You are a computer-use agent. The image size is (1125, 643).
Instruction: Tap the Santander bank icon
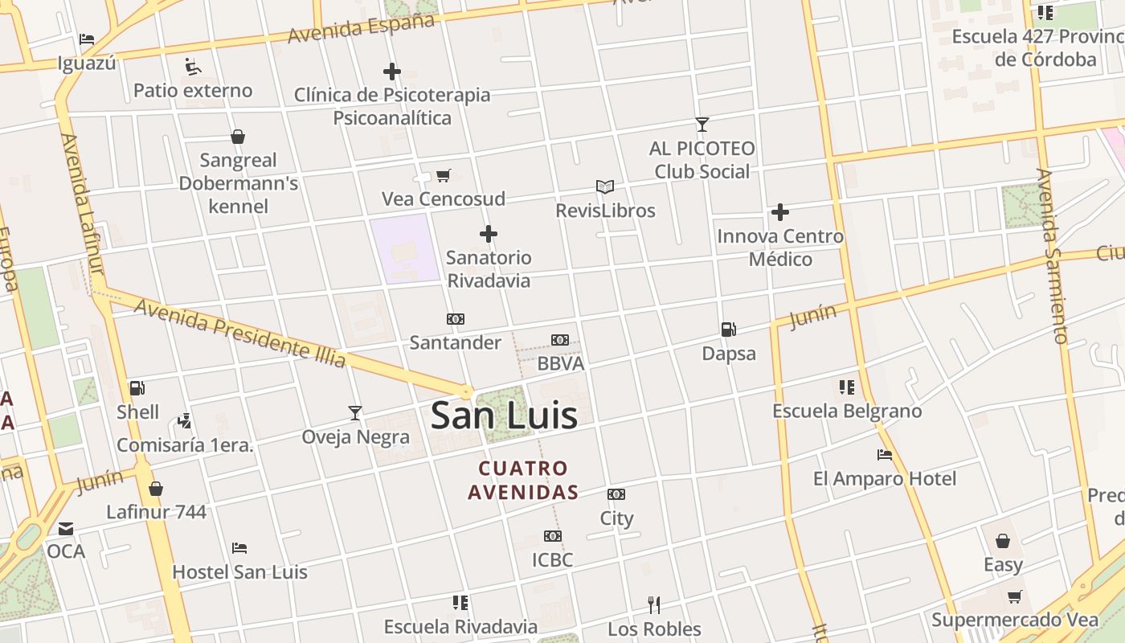[x=456, y=319]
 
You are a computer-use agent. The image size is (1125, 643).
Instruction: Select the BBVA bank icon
[x=560, y=340]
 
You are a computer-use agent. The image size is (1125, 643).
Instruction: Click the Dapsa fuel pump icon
[x=729, y=329]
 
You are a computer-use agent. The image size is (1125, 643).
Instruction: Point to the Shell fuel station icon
[x=137, y=388]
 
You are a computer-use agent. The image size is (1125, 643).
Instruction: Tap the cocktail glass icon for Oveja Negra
[x=355, y=413]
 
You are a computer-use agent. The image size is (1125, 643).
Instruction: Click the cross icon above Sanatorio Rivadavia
[x=489, y=234]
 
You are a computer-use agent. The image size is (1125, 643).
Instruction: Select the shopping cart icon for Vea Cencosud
[x=443, y=175]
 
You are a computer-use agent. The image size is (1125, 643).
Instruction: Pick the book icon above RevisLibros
[x=605, y=186]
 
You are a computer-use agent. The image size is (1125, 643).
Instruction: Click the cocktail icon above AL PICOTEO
[x=702, y=125]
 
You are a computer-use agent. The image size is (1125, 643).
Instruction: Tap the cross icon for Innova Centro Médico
[x=780, y=212]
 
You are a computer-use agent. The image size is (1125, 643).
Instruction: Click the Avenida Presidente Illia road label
[x=239, y=333]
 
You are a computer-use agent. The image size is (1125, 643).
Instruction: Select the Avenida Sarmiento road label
[x=1052, y=256]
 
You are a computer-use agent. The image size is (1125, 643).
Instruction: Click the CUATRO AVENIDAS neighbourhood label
[x=523, y=480]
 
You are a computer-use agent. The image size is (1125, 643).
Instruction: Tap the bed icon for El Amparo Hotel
[x=885, y=455]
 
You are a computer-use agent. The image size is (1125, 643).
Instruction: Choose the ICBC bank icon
[x=553, y=536]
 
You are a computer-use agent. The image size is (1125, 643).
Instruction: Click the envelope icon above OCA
[x=66, y=528]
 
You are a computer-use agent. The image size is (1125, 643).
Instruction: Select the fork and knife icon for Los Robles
[x=654, y=604]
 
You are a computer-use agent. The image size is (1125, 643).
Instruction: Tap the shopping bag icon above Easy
[x=1003, y=541]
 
